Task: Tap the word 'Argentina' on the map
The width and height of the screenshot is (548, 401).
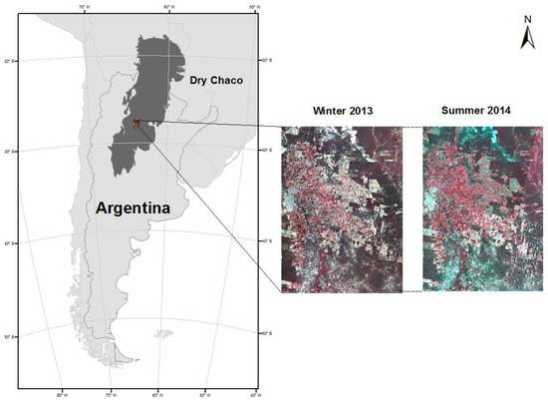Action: click(142, 208)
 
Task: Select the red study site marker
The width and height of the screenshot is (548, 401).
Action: click(137, 125)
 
